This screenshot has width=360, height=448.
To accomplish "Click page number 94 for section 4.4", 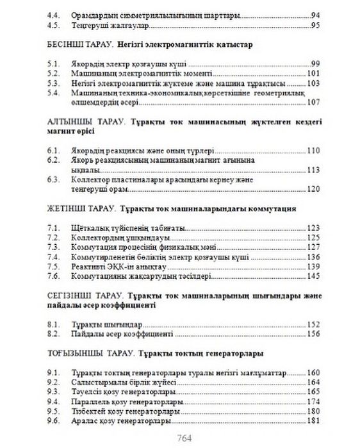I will pos(315,14).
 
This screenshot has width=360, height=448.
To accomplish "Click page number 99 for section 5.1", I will pos(315,63).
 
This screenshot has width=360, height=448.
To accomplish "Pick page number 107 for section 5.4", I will pos(313,103).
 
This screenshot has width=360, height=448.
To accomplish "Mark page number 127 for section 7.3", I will pos(313,247).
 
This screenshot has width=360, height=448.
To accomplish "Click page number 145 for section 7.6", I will pos(313,276).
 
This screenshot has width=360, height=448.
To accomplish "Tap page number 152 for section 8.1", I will pos(313,324).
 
